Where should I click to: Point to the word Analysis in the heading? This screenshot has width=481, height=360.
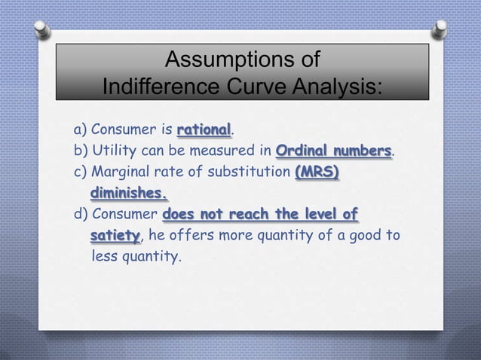tap(342, 89)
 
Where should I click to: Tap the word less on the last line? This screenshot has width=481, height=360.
tap(104, 258)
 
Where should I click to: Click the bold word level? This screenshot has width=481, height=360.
tap(322, 215)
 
